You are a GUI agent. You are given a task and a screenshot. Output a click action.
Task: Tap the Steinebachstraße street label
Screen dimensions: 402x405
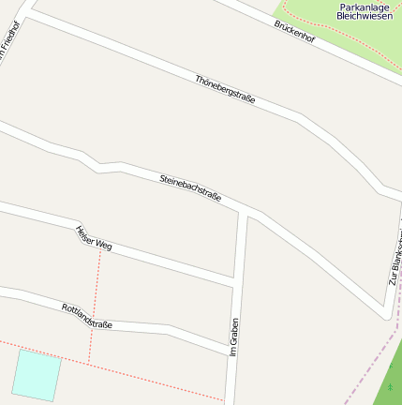pos(190,187)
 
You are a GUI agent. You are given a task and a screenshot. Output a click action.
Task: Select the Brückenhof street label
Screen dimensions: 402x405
pos(295,35)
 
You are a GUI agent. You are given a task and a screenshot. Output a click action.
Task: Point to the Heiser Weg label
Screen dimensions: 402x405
pos(94,238)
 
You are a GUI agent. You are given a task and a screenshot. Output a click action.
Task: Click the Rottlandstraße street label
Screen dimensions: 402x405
pos(87,315)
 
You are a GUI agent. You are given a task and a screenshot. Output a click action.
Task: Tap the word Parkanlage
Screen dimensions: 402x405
pos(362,7)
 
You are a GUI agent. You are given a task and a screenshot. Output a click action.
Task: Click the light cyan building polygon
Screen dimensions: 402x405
pos(37,374)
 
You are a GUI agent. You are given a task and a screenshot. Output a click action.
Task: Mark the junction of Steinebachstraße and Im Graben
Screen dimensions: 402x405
pos(244,212)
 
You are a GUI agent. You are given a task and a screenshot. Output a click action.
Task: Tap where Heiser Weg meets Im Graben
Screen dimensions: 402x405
pos(234,280)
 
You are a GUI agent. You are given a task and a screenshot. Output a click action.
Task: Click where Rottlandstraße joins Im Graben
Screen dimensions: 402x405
pos(230,353)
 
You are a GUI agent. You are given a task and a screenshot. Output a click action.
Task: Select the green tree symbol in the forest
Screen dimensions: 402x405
pos(390,386)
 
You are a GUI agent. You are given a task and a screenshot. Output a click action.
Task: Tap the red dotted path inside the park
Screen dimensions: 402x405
pos(319,34)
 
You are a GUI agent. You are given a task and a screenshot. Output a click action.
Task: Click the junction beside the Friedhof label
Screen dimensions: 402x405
pos(29,12)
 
